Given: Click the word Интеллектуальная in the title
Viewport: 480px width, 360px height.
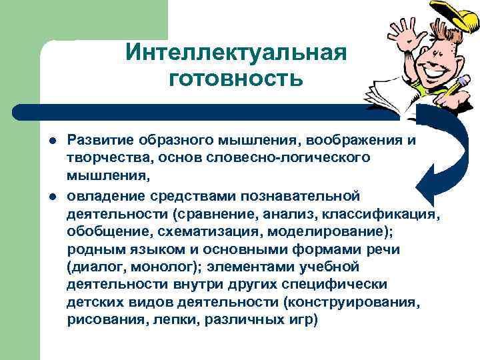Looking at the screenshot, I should [x=236, y=52].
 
